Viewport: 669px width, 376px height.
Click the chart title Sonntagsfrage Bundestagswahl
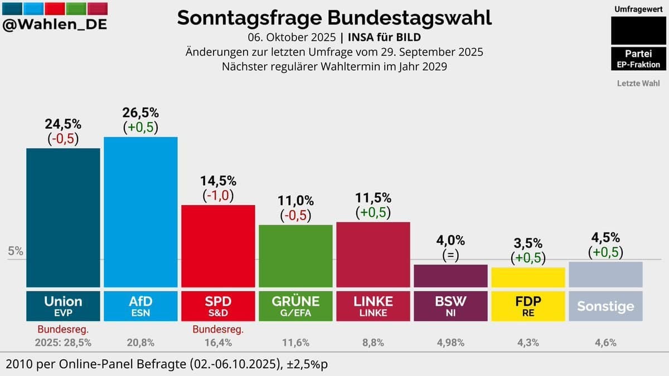point(334,18)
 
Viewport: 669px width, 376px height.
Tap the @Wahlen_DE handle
point(55,25)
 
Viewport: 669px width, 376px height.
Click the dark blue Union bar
point(63,217)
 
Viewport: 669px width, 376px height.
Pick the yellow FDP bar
point(528,277)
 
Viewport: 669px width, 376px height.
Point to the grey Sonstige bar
point(605,274)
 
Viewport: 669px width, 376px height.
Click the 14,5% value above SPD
point(218,181)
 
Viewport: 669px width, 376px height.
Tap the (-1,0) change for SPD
point(218,196)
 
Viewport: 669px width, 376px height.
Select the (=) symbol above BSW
point(450,255)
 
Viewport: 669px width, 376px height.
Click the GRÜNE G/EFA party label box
point(295,305)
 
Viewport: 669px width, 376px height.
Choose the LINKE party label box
point(373,305)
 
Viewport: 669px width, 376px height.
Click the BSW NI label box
point(450,305)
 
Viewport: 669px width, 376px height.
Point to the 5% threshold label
point(16,251)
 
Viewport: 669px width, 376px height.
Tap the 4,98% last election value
point(450,343)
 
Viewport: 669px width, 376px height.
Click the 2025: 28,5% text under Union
point(63,343)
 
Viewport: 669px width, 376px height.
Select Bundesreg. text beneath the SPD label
point(218,330)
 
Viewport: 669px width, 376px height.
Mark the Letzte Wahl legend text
point(638,84)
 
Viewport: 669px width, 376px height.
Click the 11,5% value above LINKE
point(373,198)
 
